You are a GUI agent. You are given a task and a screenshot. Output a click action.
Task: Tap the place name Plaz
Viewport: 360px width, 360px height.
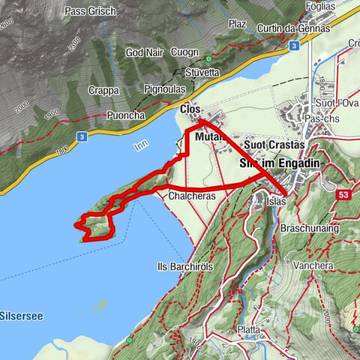238,24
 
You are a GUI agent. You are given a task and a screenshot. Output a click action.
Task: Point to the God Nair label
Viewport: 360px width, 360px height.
143,52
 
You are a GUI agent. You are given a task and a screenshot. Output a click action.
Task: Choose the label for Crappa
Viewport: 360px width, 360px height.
103,90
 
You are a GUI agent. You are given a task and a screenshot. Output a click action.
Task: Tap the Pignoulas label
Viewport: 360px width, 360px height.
170,88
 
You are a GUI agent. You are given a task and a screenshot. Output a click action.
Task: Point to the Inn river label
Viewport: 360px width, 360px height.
141,148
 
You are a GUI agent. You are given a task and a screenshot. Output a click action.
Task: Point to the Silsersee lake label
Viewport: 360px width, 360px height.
21,316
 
